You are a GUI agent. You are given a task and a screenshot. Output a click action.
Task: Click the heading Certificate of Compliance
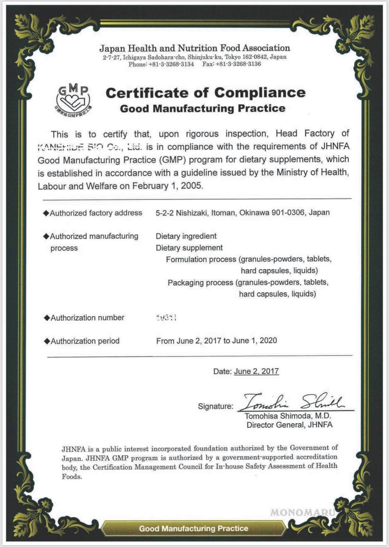205,93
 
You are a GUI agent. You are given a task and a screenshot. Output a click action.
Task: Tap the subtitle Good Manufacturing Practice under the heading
202,109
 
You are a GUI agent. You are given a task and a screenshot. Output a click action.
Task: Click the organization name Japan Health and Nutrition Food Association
194,48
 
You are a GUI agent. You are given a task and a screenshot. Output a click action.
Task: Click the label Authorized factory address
96,213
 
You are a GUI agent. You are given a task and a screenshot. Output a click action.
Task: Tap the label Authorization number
87,318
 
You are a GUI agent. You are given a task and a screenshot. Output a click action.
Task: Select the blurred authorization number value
166,318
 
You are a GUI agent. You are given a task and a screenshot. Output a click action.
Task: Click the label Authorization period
85,341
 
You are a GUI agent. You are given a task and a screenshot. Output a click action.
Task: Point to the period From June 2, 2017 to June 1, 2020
216,341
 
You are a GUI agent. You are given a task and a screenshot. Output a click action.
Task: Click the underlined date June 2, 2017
256,372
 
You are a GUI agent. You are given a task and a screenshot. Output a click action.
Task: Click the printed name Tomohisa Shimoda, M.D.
288,416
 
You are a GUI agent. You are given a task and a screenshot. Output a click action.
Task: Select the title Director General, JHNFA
289,425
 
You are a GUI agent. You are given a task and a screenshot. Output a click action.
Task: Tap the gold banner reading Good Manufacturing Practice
194,529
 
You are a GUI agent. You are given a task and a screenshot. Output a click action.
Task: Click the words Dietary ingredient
186,236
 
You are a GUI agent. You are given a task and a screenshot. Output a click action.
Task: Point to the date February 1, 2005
167,186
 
